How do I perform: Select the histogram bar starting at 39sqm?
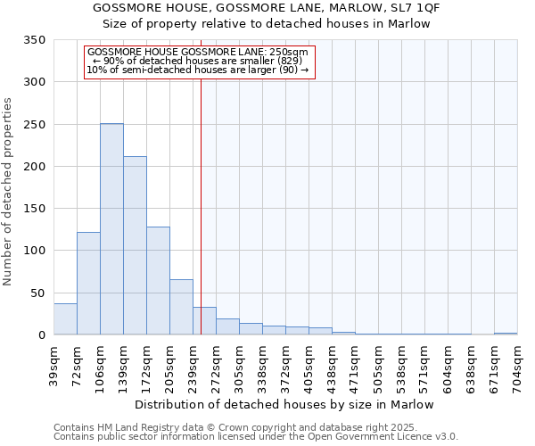coord(65,319)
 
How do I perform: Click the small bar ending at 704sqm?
coord(506,334)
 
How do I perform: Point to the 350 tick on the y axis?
coord(35,40)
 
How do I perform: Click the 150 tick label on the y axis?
coord(35,209)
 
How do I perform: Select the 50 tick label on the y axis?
coord(37,293)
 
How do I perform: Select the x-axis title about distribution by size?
coord(285,404)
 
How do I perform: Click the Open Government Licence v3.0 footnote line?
coord(256,436)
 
